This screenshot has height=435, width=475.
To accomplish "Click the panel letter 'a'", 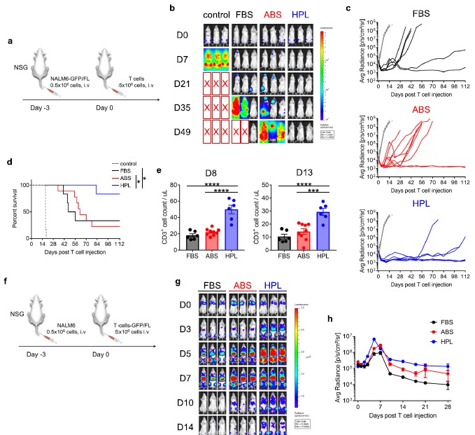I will tap(8, 41).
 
